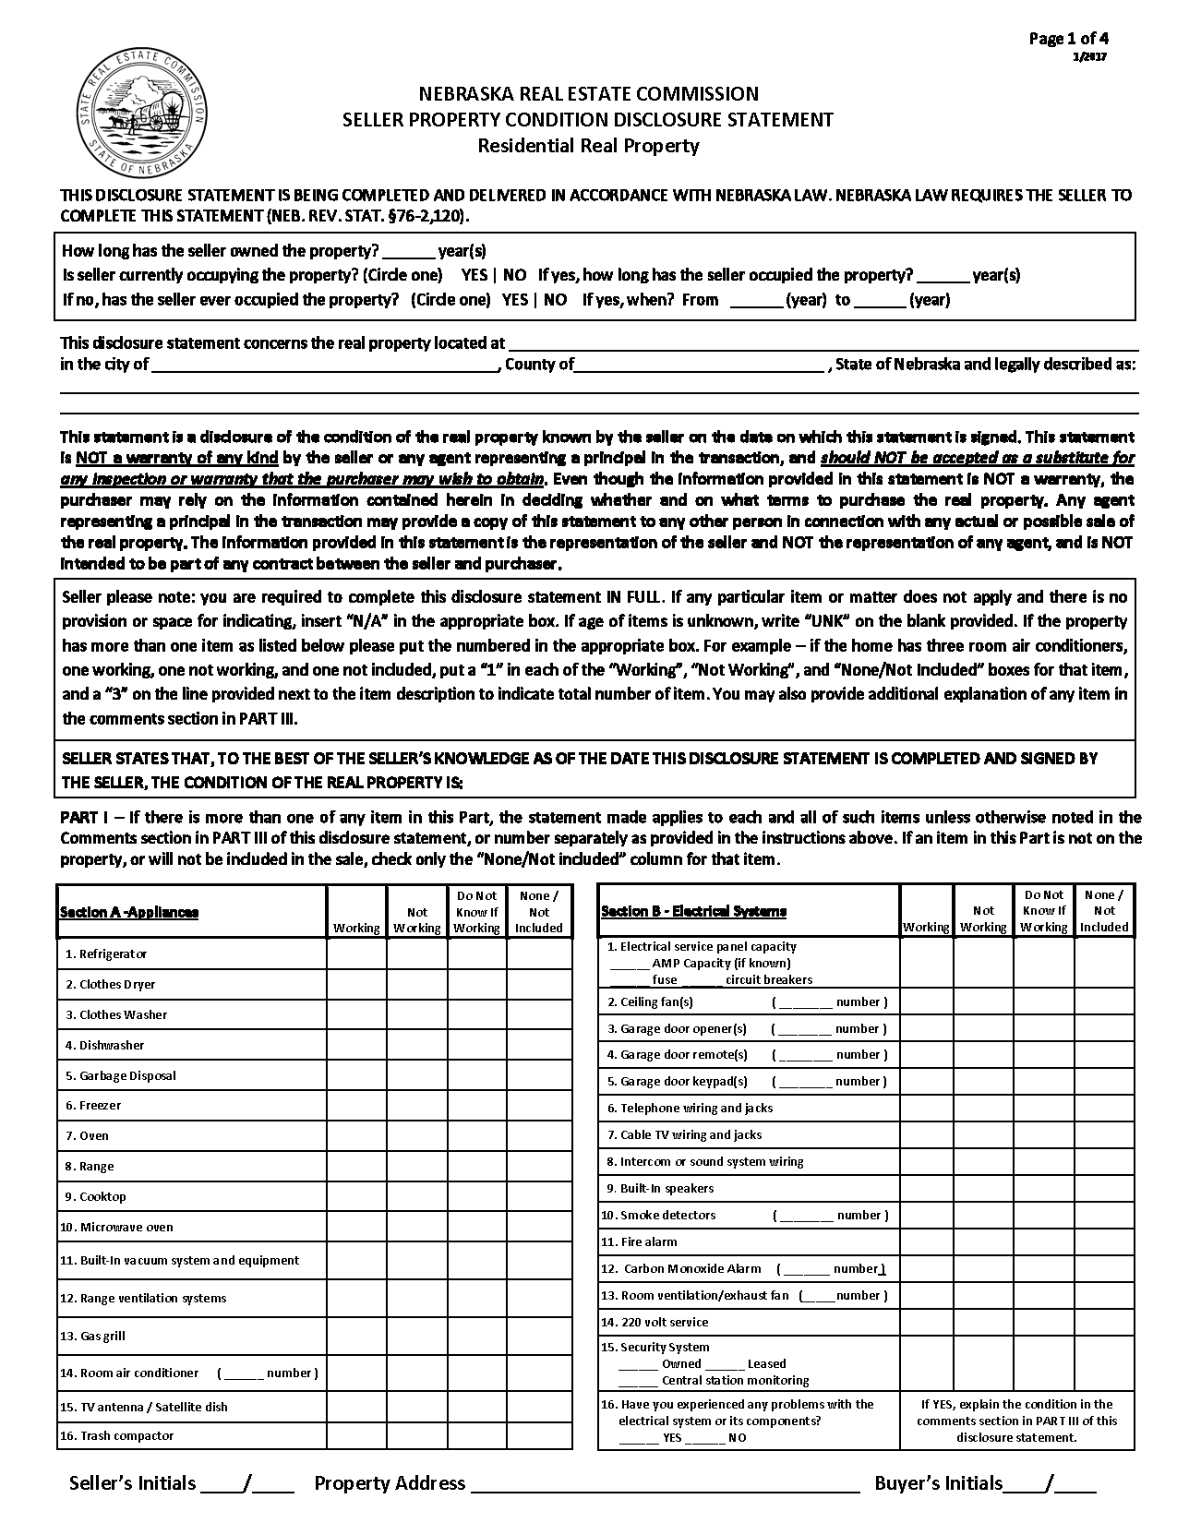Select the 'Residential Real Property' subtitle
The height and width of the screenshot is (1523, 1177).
588,145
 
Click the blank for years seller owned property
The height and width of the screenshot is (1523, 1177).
407,251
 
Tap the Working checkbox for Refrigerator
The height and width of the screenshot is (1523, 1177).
356,953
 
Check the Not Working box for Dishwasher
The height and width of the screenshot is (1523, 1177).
417,1045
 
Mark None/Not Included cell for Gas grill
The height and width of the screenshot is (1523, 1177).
539,1336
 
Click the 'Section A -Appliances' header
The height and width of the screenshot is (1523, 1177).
128,912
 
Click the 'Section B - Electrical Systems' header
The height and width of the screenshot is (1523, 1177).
693,911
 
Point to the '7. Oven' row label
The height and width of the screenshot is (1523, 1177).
87,1135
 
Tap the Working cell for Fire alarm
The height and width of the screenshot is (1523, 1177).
926,1241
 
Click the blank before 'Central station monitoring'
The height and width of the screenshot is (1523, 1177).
638,1381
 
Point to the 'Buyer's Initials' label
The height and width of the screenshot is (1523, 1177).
937,1483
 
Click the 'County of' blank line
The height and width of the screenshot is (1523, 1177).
699,365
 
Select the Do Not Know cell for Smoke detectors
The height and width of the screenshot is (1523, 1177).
1044,1215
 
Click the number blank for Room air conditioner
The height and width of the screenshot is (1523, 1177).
244,1373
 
